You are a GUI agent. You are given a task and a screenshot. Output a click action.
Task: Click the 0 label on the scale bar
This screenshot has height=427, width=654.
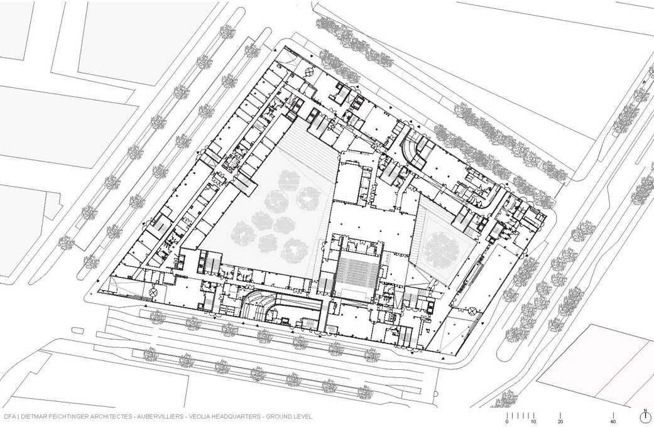(507, 422)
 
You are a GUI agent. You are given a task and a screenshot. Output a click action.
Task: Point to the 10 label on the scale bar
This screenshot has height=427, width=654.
(533, 422)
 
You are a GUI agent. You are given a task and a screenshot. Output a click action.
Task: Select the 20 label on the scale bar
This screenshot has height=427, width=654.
(560, 422)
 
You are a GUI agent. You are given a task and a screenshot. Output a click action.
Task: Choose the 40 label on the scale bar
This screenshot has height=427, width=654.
(614, 422)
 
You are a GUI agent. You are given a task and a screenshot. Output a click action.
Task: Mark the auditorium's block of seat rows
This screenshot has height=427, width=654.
(357, 271)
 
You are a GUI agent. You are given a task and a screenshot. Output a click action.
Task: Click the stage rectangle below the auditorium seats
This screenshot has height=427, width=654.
(354, 295)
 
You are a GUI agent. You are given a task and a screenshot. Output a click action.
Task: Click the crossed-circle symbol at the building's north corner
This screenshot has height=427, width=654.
(308, 72)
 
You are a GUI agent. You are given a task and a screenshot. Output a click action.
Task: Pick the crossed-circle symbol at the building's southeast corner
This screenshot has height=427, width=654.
(472, 311)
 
